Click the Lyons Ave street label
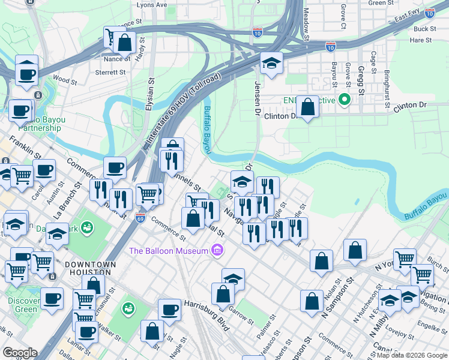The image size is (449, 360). point(152,4)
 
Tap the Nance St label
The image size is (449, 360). point(116,59)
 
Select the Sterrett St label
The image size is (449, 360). point(110,72)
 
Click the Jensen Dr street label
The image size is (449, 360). point(258,97)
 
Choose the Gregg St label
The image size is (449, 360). point(361,82)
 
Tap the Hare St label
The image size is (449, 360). point(420,40)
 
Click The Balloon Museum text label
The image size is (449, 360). point(167,250)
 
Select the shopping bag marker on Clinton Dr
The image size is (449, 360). point(307,107)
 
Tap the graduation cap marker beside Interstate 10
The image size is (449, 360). point(271,63)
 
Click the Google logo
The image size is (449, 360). point(19,353)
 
